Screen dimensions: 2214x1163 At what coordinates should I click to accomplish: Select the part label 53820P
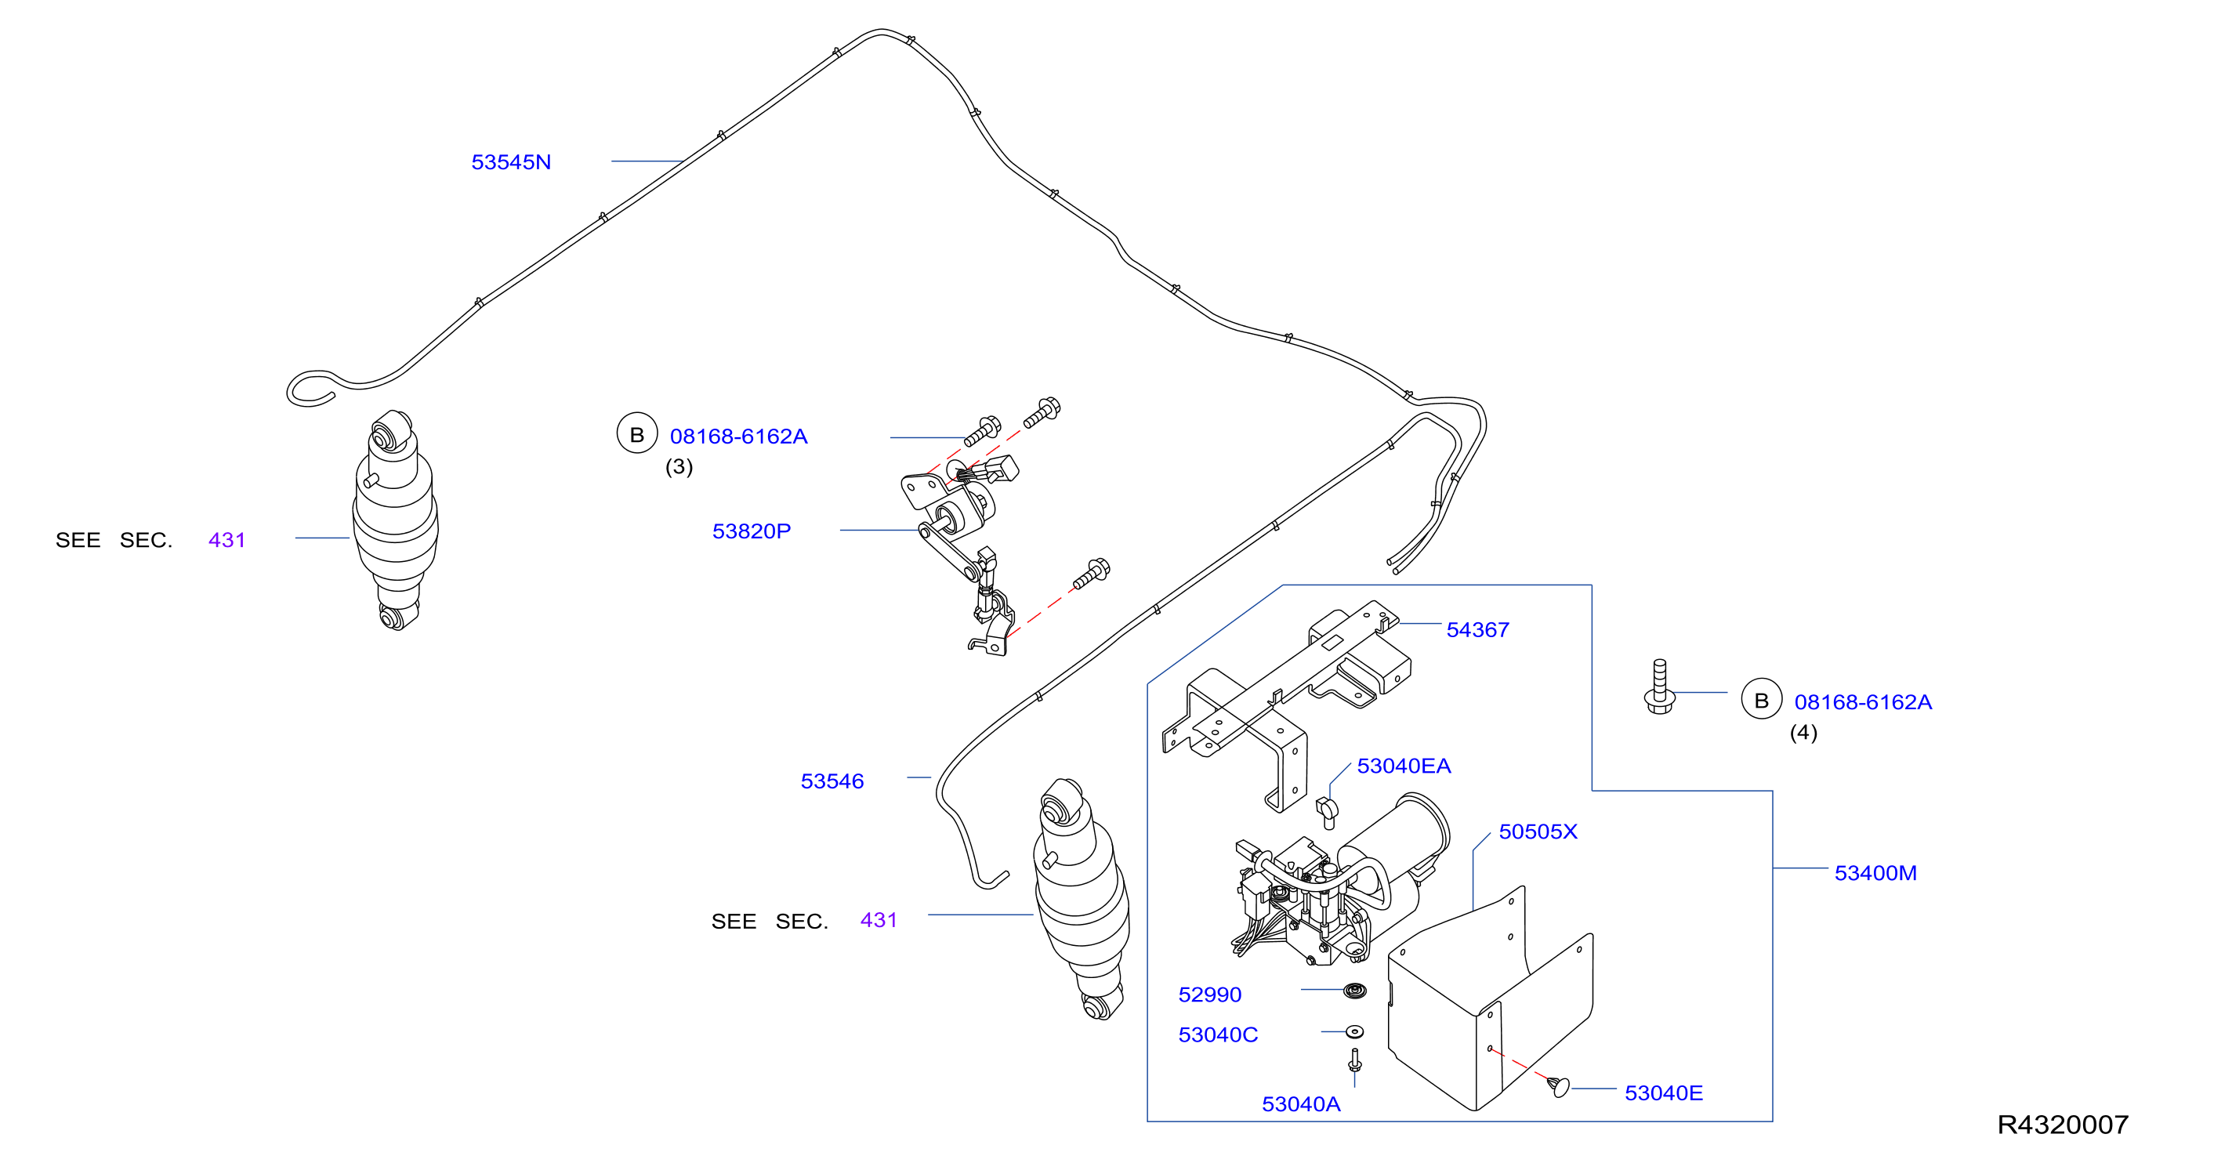tap(751, 531)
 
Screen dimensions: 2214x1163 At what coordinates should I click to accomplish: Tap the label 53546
tap(832, 781)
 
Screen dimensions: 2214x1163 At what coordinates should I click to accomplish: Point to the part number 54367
tap(1477, 630)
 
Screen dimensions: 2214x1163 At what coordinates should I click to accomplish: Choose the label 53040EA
tap(1404, 766)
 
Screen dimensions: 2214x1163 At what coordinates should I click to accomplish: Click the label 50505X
tap(1538, 832)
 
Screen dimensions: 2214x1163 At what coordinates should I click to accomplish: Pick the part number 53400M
tap(1875, 873)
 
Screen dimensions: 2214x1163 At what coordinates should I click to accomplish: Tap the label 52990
tap(1209, 995)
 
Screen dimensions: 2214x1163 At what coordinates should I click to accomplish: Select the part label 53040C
tap(1218, 1035)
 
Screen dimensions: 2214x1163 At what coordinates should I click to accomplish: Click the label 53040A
tap(1300, 1104)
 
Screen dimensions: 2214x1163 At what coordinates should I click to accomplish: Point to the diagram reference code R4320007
tap(2063, 1125)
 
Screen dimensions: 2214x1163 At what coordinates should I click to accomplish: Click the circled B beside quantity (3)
tap(637, 434)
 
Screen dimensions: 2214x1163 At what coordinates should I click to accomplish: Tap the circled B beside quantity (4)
tap(1761, 700)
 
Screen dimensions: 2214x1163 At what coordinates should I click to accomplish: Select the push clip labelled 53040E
tap(1560, 1086)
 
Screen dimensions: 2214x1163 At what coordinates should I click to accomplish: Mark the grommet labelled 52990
tap(1354, 991)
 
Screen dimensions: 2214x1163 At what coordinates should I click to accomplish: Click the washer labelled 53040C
tap(1354, 1031)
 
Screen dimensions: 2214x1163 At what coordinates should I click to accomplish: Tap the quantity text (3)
tap(679, 467)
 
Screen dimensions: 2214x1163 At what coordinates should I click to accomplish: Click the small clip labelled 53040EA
tap(1327, 811)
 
